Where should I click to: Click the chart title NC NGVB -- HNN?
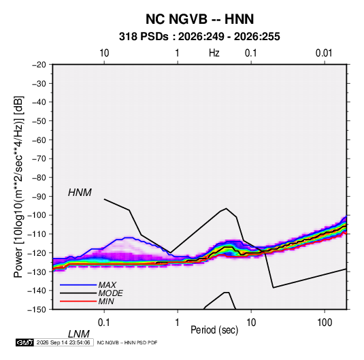pyautogui.click(x=199, y=19)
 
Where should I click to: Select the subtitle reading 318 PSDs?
pyautogui.click(x=144, y=37)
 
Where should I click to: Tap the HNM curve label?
pyautogui.click(x=80, y=193)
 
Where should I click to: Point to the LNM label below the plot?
pyautogui.click(x=78, y=334)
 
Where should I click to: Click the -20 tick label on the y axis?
pyautogui.click(x=39, y=65)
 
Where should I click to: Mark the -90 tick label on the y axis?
pyautogui.click(x=39, y=197)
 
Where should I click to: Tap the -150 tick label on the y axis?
pyautogui.click(x=37, y=310)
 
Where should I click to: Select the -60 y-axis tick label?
pyautogui.click(x=39, y=140)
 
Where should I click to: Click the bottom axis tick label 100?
pyautogui.click(x=325, y=323)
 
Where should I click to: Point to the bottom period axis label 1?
pyautogui.click(x=178, y=323)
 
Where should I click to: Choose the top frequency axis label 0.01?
pyautogui.click(x=324, y=53)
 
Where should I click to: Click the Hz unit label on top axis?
pyautogui.click(x=214, y=53)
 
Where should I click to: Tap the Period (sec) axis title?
pyautogui.click(x=214, y=330)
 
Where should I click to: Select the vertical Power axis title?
pyautogui.click(x=18, y=187)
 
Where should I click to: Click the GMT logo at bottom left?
pyautogui.click(x=24, y=342)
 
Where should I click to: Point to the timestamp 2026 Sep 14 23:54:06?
pyautogui.click(x=63, y=342)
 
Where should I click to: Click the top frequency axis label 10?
pyautogui.click(x=104, y=53)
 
